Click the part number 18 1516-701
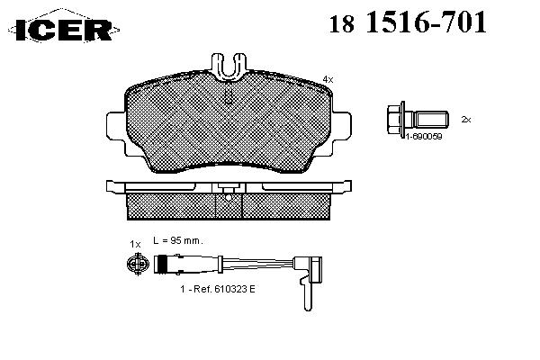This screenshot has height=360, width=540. (x=408, y=22)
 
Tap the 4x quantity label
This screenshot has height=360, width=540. (x=328, y=79)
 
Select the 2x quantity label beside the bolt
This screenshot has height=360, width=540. (x=466, y=120)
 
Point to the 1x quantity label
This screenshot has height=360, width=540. (x=135, y=244)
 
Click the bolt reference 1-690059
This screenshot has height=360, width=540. (x=423, y=137)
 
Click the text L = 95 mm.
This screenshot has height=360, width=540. (x=178, y=240)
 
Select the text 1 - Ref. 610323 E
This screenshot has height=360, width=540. (x=218, y=289)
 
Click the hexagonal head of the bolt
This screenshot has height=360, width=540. (x=394, y=120)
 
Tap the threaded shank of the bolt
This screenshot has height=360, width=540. (x=432, y=119)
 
